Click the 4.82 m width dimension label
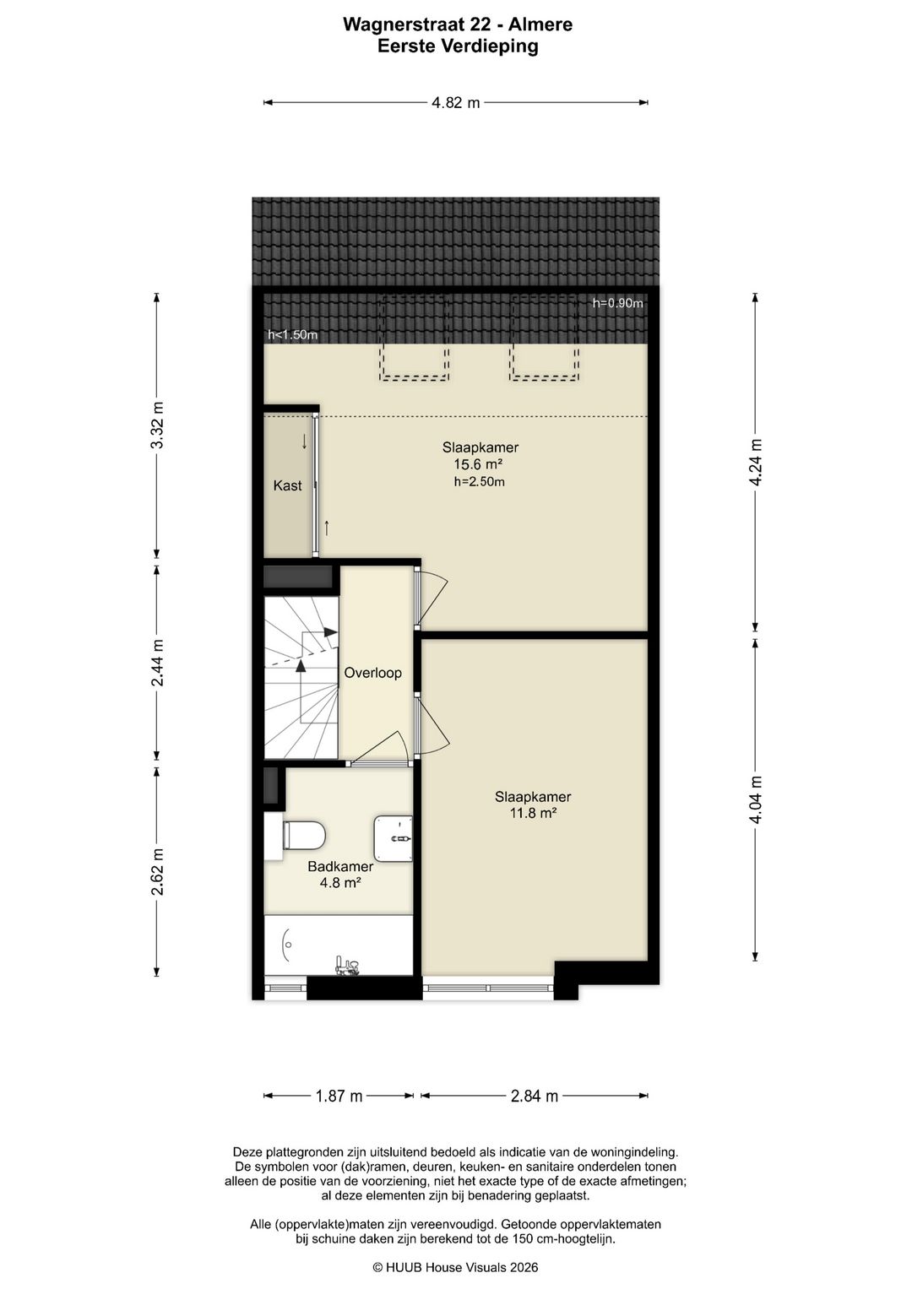click(455, 103)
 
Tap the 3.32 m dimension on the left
click(157, 425)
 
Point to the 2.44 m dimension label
click(157, 663)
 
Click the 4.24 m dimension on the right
click(756, 462)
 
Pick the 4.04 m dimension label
click(756, 799)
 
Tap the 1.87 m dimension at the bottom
click(339, 1096)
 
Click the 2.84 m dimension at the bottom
click(535, 1096)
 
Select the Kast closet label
click(287, 485)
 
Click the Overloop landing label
click(372, 673)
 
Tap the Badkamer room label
click(340, 866)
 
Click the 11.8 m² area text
click(532, 813)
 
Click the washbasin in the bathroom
click(394, 838)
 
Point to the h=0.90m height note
click(618, 303)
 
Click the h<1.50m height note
click(292, 335)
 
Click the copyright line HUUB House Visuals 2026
click(455, 1267)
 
